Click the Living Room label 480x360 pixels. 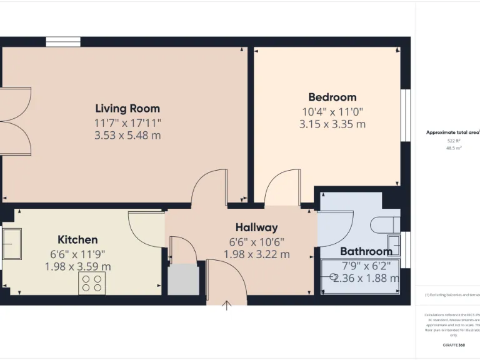tap(127, 108)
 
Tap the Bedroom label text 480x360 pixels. tap(332, 97)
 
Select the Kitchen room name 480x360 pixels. tap(77, 239)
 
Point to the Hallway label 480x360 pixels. tap(256, 227)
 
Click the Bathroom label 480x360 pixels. tap(366, 251)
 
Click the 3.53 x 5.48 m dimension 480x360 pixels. tap(127, 135)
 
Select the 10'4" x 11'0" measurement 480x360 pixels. tap(332, 111)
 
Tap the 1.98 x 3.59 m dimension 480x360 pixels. tap(77, 266)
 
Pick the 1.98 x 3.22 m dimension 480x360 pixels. tap(256, 254)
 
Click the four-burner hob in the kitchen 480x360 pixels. tap(91, 284)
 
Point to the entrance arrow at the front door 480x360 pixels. tap(227, 305)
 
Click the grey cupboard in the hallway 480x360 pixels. tap(184, 279)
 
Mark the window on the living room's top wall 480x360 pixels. tap(63, 42)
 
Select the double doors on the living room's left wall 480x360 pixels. tap(16, 121)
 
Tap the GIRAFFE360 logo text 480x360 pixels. tap(453, 345)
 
